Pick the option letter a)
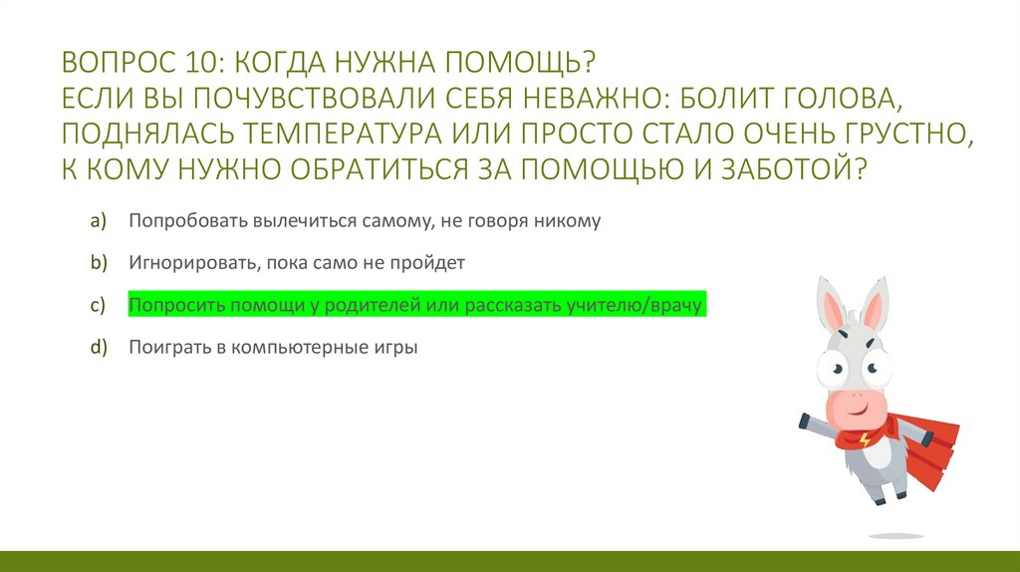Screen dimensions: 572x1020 coord(98,221)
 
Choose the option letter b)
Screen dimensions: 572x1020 coord(98,264)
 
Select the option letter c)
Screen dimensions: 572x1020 coord(98,306)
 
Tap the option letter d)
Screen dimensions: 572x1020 coord(98,349)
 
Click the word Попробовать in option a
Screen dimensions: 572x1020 coord(178,221)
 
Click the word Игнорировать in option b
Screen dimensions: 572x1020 coord(179,264)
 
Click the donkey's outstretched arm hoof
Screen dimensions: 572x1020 coord(805,422)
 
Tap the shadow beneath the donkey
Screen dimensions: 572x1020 coord(895,535)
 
